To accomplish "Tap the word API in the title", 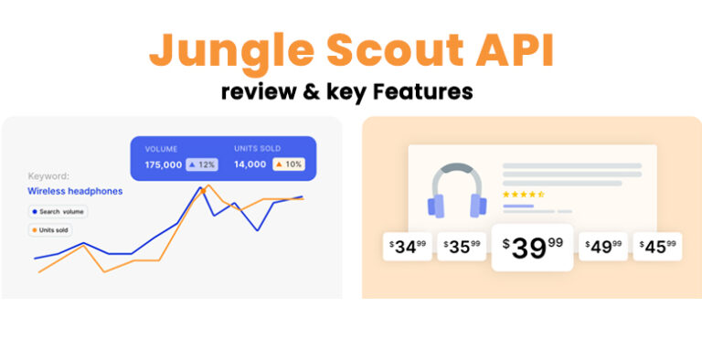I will coord(511,50).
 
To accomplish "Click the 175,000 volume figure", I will coord(164,164).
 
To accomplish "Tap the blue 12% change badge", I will coord(201,164).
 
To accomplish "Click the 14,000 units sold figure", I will coord(250,164).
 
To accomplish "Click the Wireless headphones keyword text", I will coord(75,191).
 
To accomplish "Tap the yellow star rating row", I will coord(524,194).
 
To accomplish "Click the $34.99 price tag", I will coord(408,247).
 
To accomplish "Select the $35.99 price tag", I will coord(462,247).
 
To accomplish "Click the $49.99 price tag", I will coord(603,247).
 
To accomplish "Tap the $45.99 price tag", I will coord(658,247).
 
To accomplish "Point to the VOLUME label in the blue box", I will coord(162,147).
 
